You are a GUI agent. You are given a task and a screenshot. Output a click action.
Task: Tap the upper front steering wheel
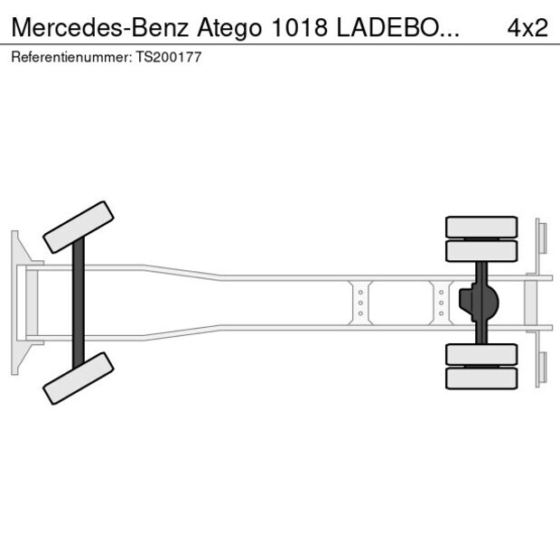coord(79,227)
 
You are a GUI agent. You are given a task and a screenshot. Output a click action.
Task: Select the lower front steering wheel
coord(79,378)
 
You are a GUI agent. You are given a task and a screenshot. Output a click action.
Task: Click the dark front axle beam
coord(79,303)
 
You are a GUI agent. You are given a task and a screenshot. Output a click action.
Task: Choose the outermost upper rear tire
coord(482,226)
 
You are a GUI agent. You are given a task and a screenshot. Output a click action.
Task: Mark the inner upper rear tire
coord(482,250)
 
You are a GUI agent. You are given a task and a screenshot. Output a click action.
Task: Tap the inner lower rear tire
coord(482,354)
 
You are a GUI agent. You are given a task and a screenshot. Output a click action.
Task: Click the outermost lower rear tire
coord(482,378)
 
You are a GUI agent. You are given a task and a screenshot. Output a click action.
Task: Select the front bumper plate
coord(15,303)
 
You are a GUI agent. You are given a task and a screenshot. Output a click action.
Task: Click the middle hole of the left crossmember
coord(360,303)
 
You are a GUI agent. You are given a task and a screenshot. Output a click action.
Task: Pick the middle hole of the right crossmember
coord(441,303)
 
